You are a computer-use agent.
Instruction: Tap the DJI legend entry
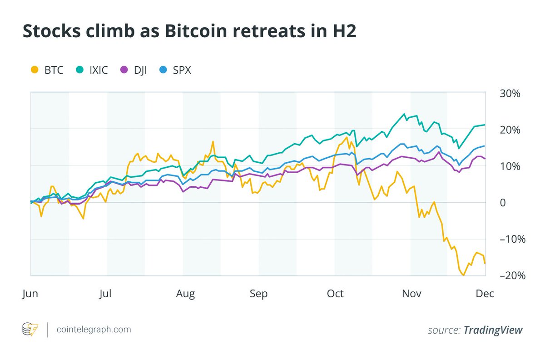[x=134, y=70]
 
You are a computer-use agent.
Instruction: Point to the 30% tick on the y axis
[x=509, y=93]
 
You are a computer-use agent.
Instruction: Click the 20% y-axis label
[x=509, y=130]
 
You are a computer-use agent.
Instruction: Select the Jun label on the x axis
[x=30, y=294]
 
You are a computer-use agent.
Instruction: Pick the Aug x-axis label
[x=185, y=294]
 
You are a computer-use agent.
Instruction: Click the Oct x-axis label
[x=335, y=294]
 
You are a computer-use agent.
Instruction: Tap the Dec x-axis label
[x=485, y=294]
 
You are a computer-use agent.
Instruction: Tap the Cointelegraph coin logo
[x=30, y=330]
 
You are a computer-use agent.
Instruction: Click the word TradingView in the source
[x=493, y=330]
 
